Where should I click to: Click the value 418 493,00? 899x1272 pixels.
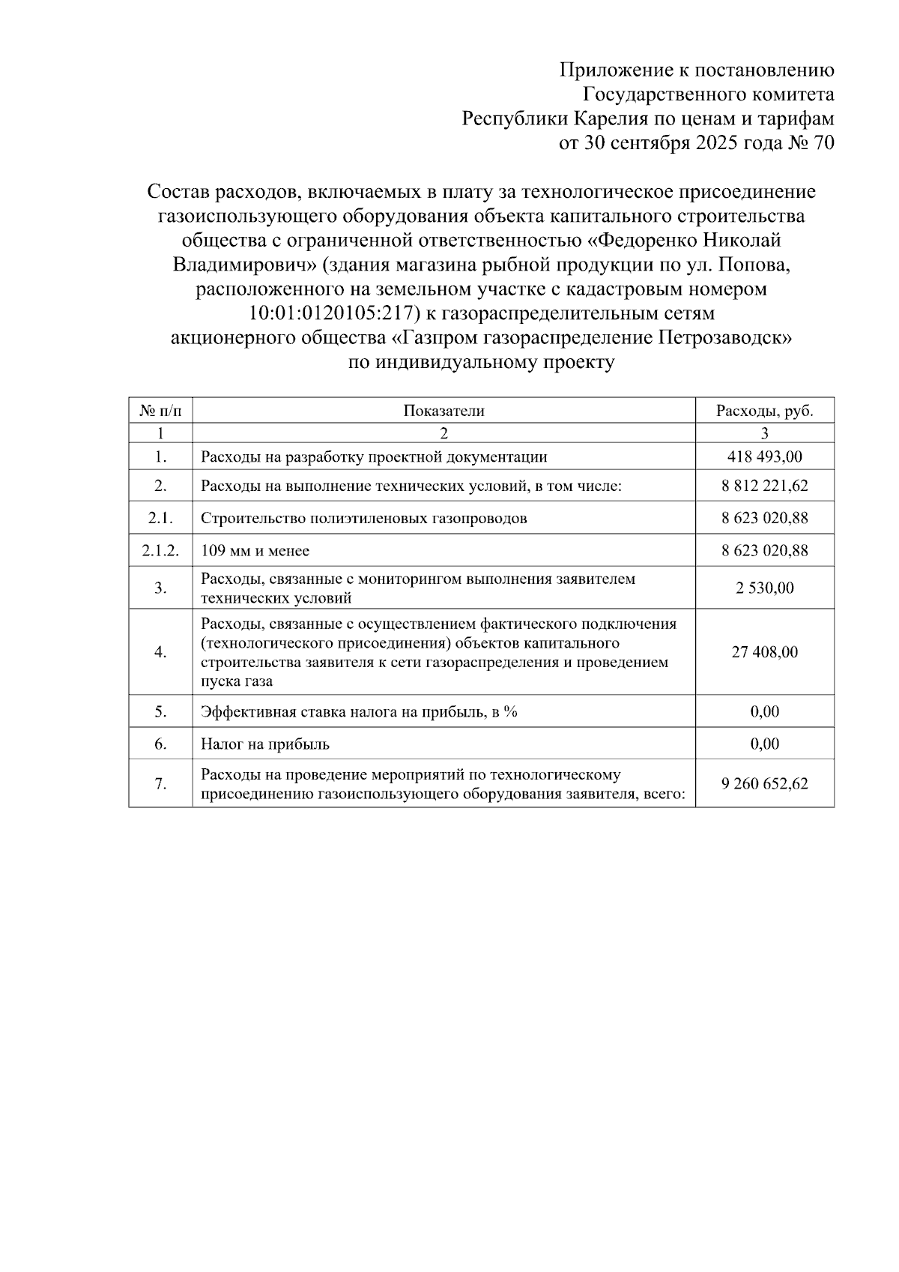tap(764, 456)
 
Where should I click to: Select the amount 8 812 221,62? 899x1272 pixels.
tap(764, 486)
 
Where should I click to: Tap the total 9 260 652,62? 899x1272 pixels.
tap(764, 783)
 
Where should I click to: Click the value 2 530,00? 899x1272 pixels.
tap(764, 588)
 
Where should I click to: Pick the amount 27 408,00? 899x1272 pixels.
tap(764, 652)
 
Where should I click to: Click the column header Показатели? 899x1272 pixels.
tap(444, 410)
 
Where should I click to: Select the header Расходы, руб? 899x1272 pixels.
tap(764, 410)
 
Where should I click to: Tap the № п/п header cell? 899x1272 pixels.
tap(160, 410)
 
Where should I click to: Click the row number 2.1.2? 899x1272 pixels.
tap(160, 551)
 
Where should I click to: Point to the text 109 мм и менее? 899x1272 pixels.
tap(255, 551)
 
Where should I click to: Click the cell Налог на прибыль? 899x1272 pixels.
tap(265, 744)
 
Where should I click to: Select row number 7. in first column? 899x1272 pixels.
tap(160, 783)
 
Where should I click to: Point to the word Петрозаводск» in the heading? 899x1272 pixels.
tap(724, 338)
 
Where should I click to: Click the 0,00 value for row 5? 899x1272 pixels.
tap(764, 711)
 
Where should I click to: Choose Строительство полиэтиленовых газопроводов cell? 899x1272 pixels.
tap(363, 518)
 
